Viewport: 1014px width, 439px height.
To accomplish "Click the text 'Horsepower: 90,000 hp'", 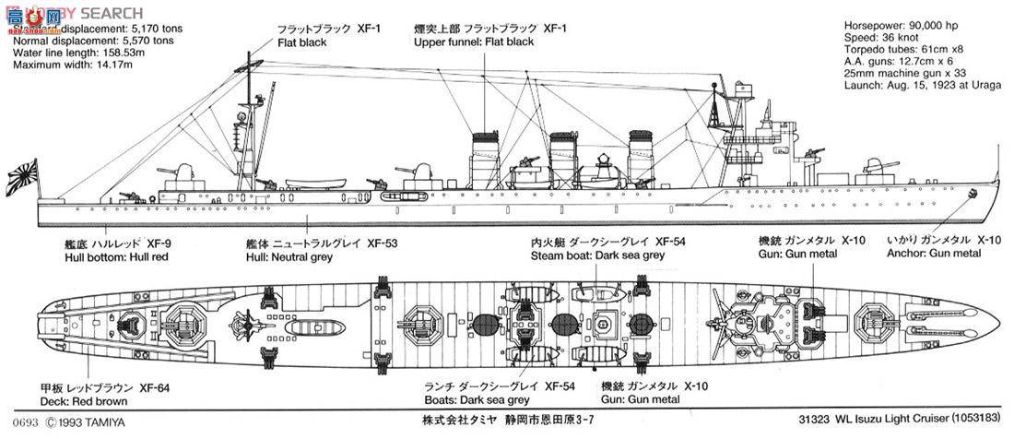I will [x=903, y=25].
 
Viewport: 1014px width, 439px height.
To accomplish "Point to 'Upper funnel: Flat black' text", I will [x=474, y=42].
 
